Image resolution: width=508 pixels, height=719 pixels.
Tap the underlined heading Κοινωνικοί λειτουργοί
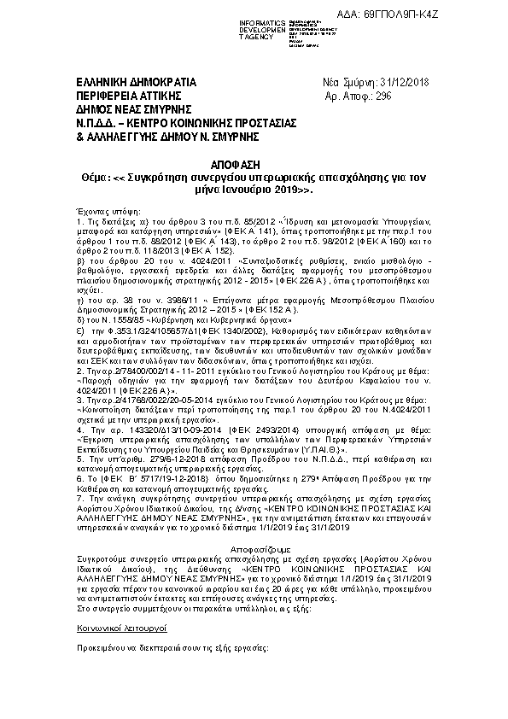[117, 628]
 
